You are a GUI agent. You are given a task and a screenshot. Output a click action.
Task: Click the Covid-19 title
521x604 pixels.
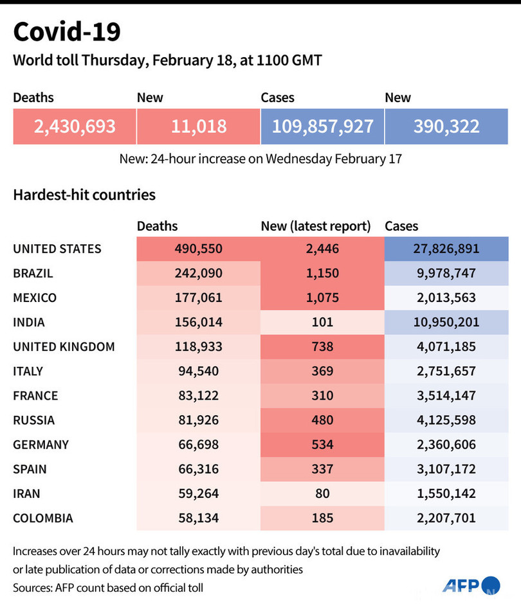coord(66,32)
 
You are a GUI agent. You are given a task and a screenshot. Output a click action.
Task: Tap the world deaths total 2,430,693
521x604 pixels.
coord(75,126)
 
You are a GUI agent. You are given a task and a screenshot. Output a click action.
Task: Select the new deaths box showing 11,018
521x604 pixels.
coord(199,126)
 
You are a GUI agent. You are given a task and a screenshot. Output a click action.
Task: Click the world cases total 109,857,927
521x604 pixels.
coord(322,126)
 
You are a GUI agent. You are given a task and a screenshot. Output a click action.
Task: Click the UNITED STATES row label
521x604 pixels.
coord(57,249)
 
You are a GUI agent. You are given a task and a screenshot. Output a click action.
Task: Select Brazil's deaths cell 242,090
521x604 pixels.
coord(198,273)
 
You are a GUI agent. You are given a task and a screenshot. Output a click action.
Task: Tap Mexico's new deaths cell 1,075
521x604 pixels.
coord(322,298)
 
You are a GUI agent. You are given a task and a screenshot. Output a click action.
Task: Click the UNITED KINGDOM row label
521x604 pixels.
coord(64,347)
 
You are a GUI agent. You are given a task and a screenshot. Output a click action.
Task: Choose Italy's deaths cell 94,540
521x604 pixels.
coord(198,371)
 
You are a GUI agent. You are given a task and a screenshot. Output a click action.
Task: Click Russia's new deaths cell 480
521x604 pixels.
coord(322,420)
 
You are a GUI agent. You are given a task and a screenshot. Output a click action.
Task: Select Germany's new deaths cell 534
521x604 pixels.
coord(322,445)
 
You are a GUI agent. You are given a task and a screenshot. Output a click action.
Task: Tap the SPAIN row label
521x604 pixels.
coord(30,469)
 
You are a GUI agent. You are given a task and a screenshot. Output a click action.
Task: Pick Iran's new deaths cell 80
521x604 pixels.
coord(322,493)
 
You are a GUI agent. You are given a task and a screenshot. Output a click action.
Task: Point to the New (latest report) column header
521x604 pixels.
coord(316,226)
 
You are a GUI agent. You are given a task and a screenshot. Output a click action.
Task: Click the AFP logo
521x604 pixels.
coord(470,585)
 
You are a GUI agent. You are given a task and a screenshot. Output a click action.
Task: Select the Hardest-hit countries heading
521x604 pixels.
coord(84,194)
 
